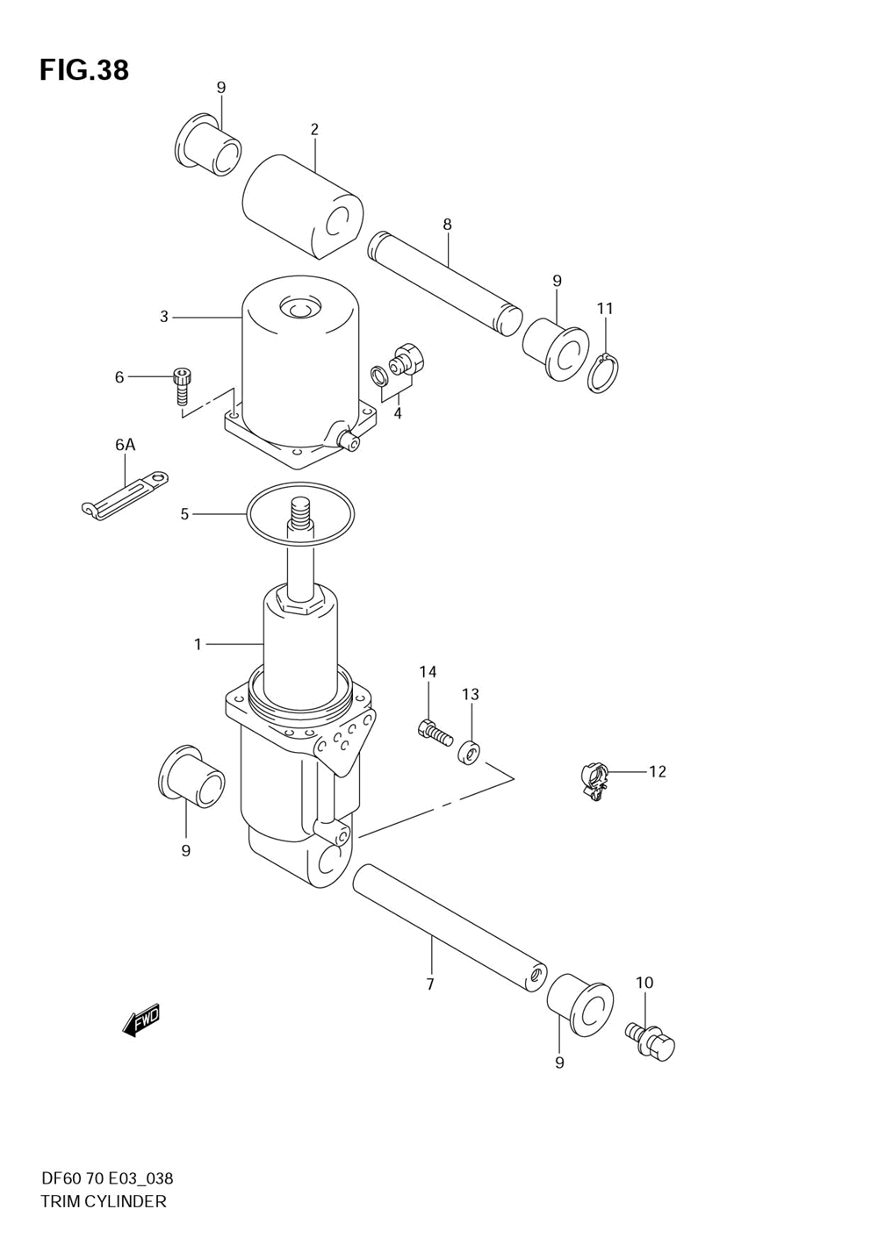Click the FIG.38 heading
(83, 70)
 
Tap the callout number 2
(314, 130)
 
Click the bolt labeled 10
(651, 1041)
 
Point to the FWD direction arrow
(141, 1020)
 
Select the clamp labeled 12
(594, 780)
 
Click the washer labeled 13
(471, 752)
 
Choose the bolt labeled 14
(434, 731)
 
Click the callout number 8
(447, 225)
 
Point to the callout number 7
(430, 984)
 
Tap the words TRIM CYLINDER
(103, 1202)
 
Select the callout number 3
(164, 317)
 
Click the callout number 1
(198, 645)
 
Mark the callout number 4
(398, 412)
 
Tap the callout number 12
(658, 772)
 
